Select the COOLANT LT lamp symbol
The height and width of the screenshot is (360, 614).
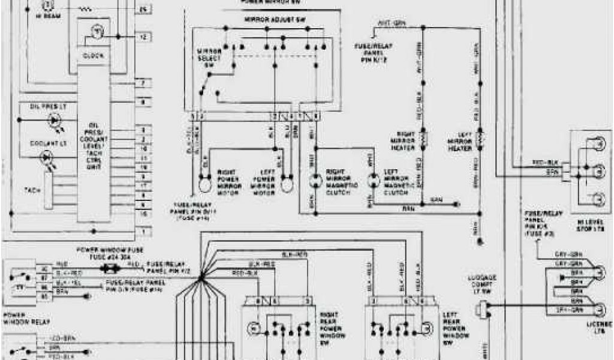46,157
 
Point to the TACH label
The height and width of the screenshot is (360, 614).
32,190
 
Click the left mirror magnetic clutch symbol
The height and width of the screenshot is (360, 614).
374,179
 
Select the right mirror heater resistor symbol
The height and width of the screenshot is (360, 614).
422,139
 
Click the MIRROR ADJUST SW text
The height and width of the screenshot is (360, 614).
267,20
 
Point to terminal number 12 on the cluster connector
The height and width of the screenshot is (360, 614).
143,37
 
